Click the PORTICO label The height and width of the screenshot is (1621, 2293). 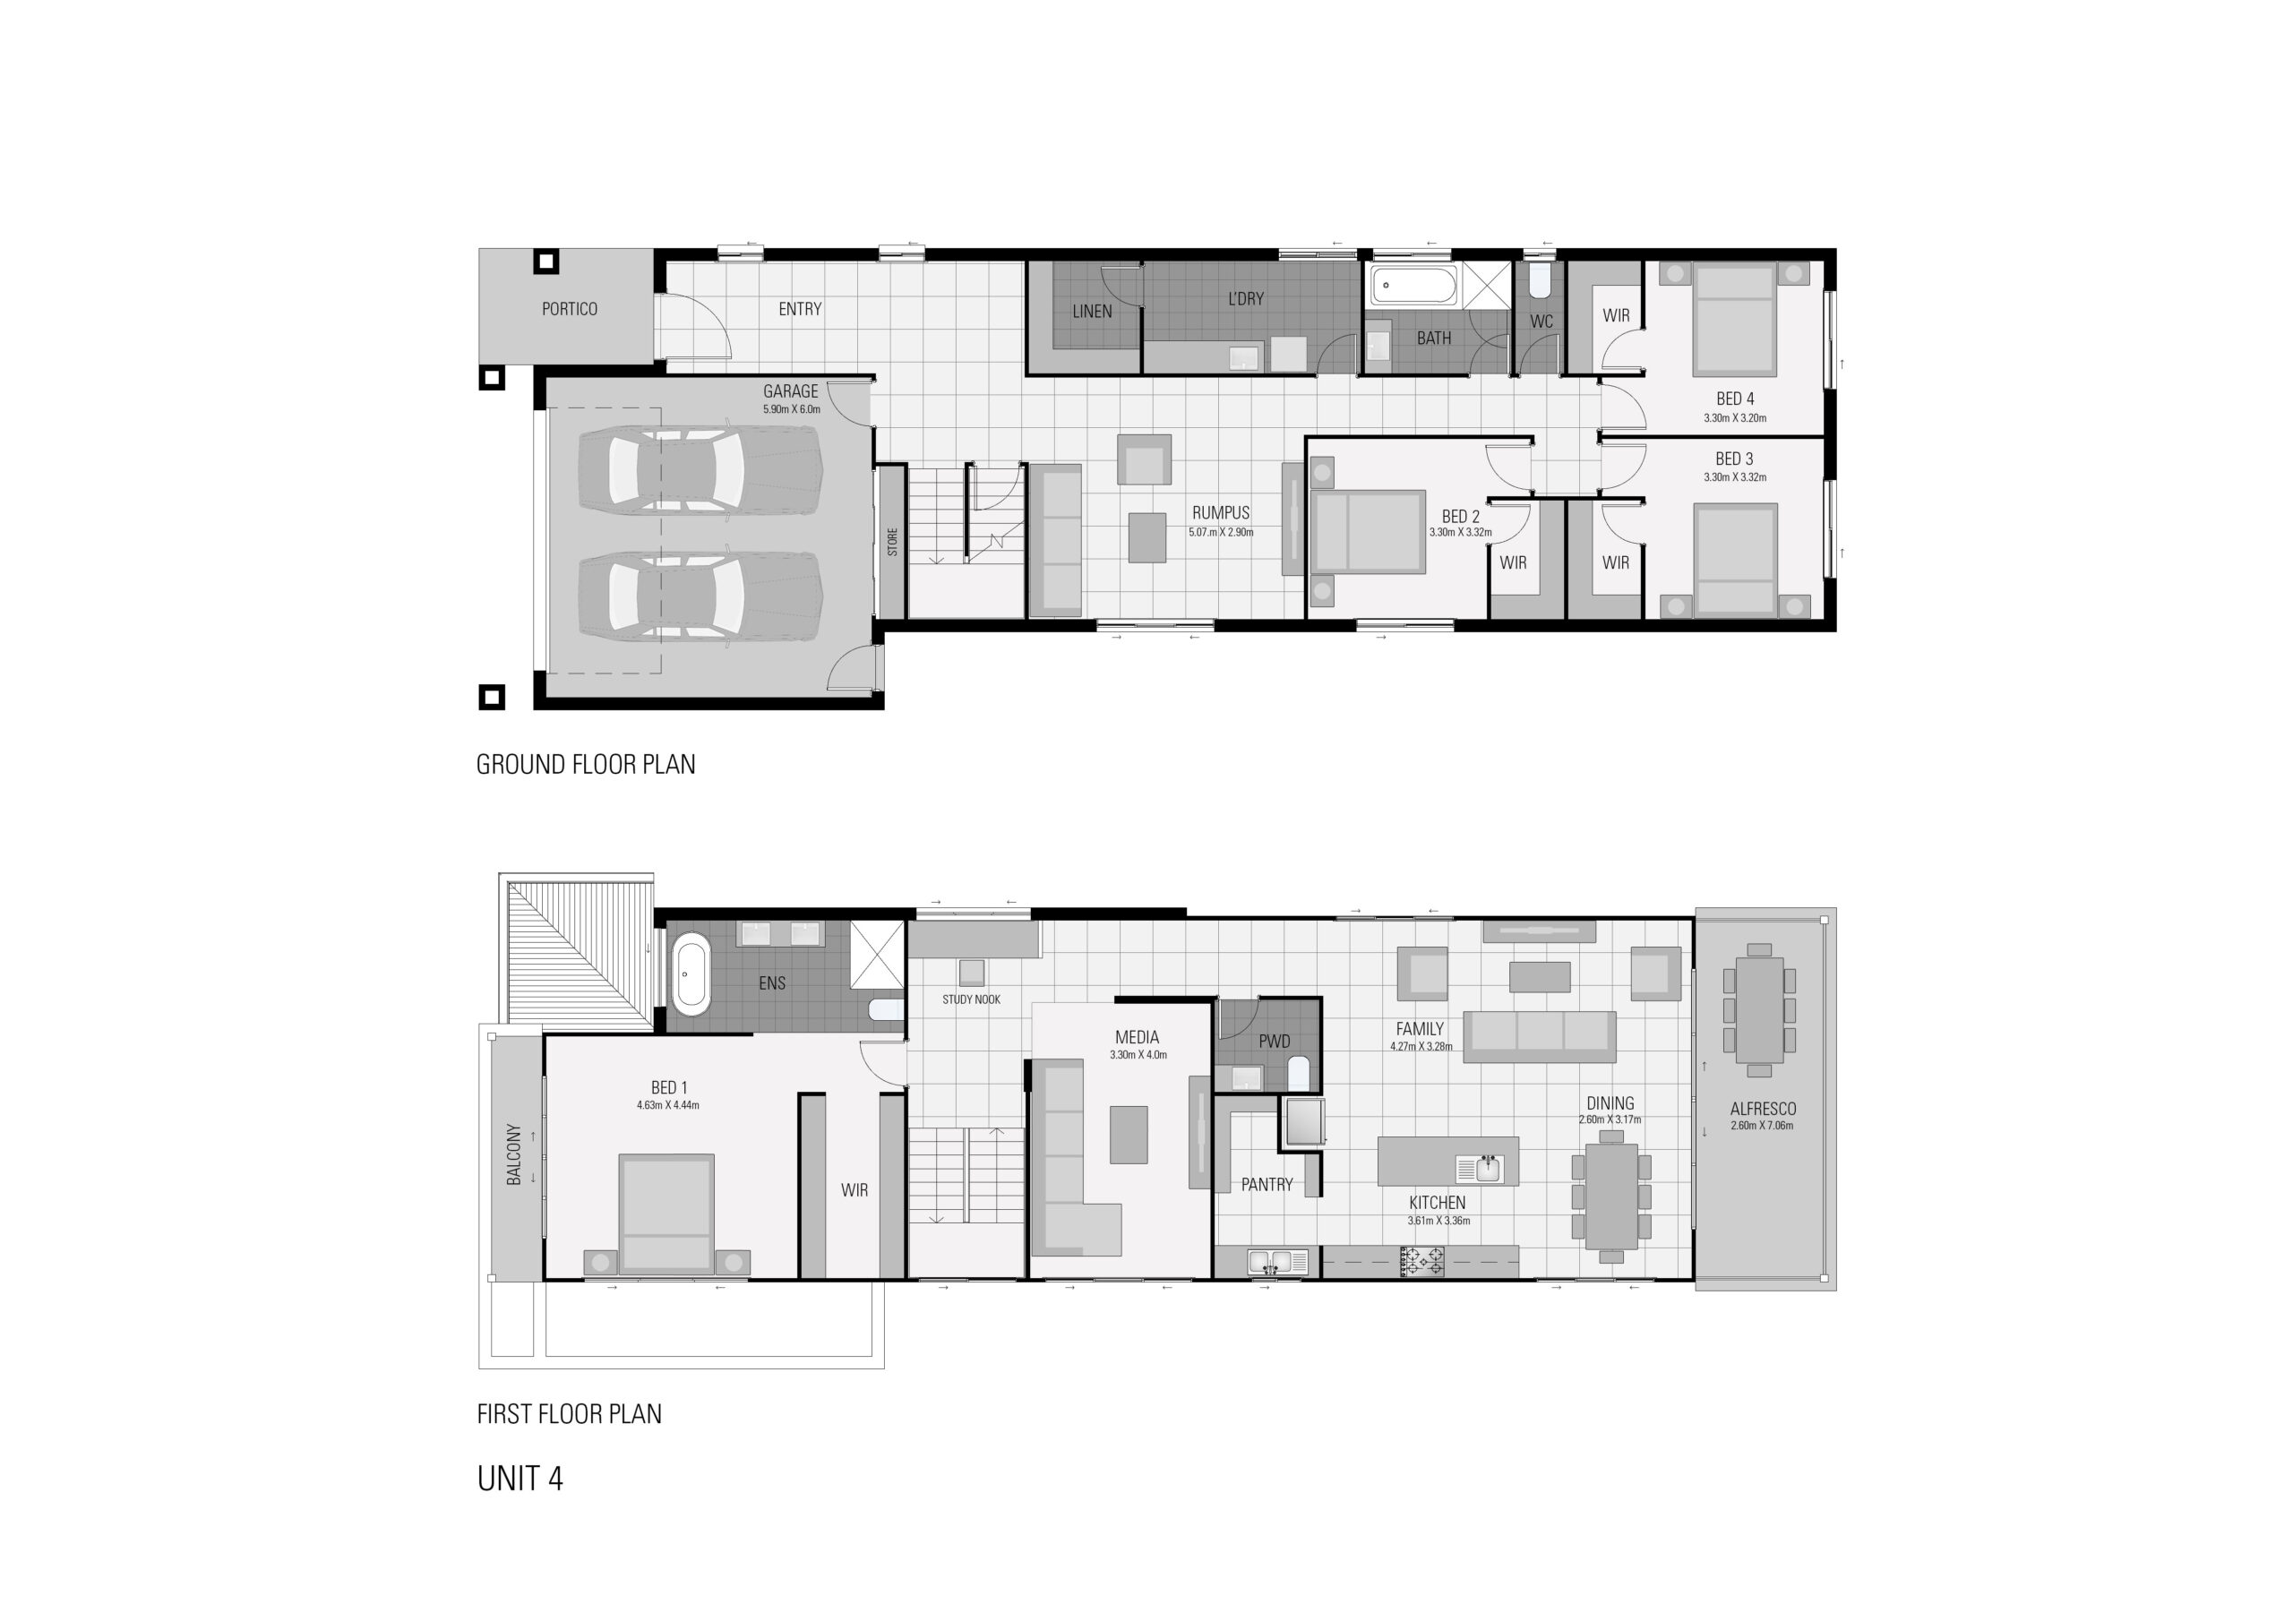pyautogui.click(x=570, y=310)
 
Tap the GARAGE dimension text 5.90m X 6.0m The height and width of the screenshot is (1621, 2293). pyautogui.click(x=791, y=409)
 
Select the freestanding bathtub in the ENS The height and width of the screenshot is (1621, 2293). pyautogui.click(x=690, y=973)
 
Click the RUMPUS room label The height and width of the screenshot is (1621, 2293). pyautogui.click(x=1221, y=512)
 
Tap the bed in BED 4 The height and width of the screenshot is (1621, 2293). pyautogui.click(x=1735, y=320)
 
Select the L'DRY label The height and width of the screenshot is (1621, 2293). pyautogui.click(x=1245, y=298)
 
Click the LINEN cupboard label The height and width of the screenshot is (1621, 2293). pyautogui.click(x=1092, y=312)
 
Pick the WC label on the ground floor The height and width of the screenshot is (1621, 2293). pyautogui.click(x=1541, y=322)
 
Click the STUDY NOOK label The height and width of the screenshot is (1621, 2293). pyautogui.click(x=971, y=999)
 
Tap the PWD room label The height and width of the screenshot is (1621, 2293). pyautogui.click(x=1275, y=1042)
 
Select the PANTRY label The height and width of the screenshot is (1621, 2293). pyautogui.click(x=1267, y=1185)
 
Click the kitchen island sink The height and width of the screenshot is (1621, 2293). pyautogui.click(x=1487, y=1168)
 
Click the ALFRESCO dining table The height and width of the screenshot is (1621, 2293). pyautogui.click(x=1758, y=1011)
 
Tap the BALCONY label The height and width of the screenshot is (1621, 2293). pyautogui.click(x=514, y=1154)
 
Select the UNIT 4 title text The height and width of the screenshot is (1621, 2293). pyautogui.click(x=520, y=1479)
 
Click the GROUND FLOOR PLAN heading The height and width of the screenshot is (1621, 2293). pyautogui.click(x=585, y=765)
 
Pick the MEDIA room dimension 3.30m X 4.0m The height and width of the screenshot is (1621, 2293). pyautogui.click(x=1138, y=1055)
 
